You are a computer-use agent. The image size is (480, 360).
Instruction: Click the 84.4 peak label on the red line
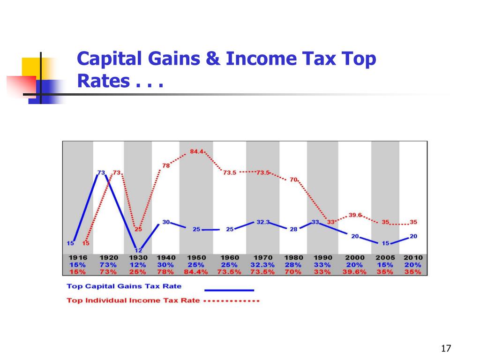(x=196, y=151)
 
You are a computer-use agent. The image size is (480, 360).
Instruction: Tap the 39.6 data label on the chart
(x=355, y=215)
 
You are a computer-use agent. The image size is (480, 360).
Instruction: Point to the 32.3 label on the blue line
(x=262, y=222)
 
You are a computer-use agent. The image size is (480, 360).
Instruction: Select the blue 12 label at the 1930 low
(x=138, y=251)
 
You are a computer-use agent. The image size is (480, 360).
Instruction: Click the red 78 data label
(x=165, y=165)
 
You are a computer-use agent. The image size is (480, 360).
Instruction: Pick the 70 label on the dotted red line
(x=293, y=179)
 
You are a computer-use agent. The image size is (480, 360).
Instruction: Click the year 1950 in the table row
(x=196, y=258)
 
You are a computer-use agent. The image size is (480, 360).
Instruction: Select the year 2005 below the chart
(x=385, y=258)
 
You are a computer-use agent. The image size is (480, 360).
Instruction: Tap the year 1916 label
(x=78, y=258)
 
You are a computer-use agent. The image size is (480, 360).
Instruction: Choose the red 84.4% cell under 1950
(x=196, y=272)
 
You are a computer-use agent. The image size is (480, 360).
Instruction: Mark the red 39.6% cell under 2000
(x=355, y=272)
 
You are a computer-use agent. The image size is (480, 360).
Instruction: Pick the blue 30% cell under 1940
(x=167, y=265)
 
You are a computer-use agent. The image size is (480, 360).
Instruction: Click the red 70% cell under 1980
(x=292, y=272)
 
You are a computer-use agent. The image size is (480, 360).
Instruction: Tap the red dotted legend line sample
(x=233, y=301)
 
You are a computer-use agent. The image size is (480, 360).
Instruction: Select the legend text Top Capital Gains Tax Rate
(x=124, y=286)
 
